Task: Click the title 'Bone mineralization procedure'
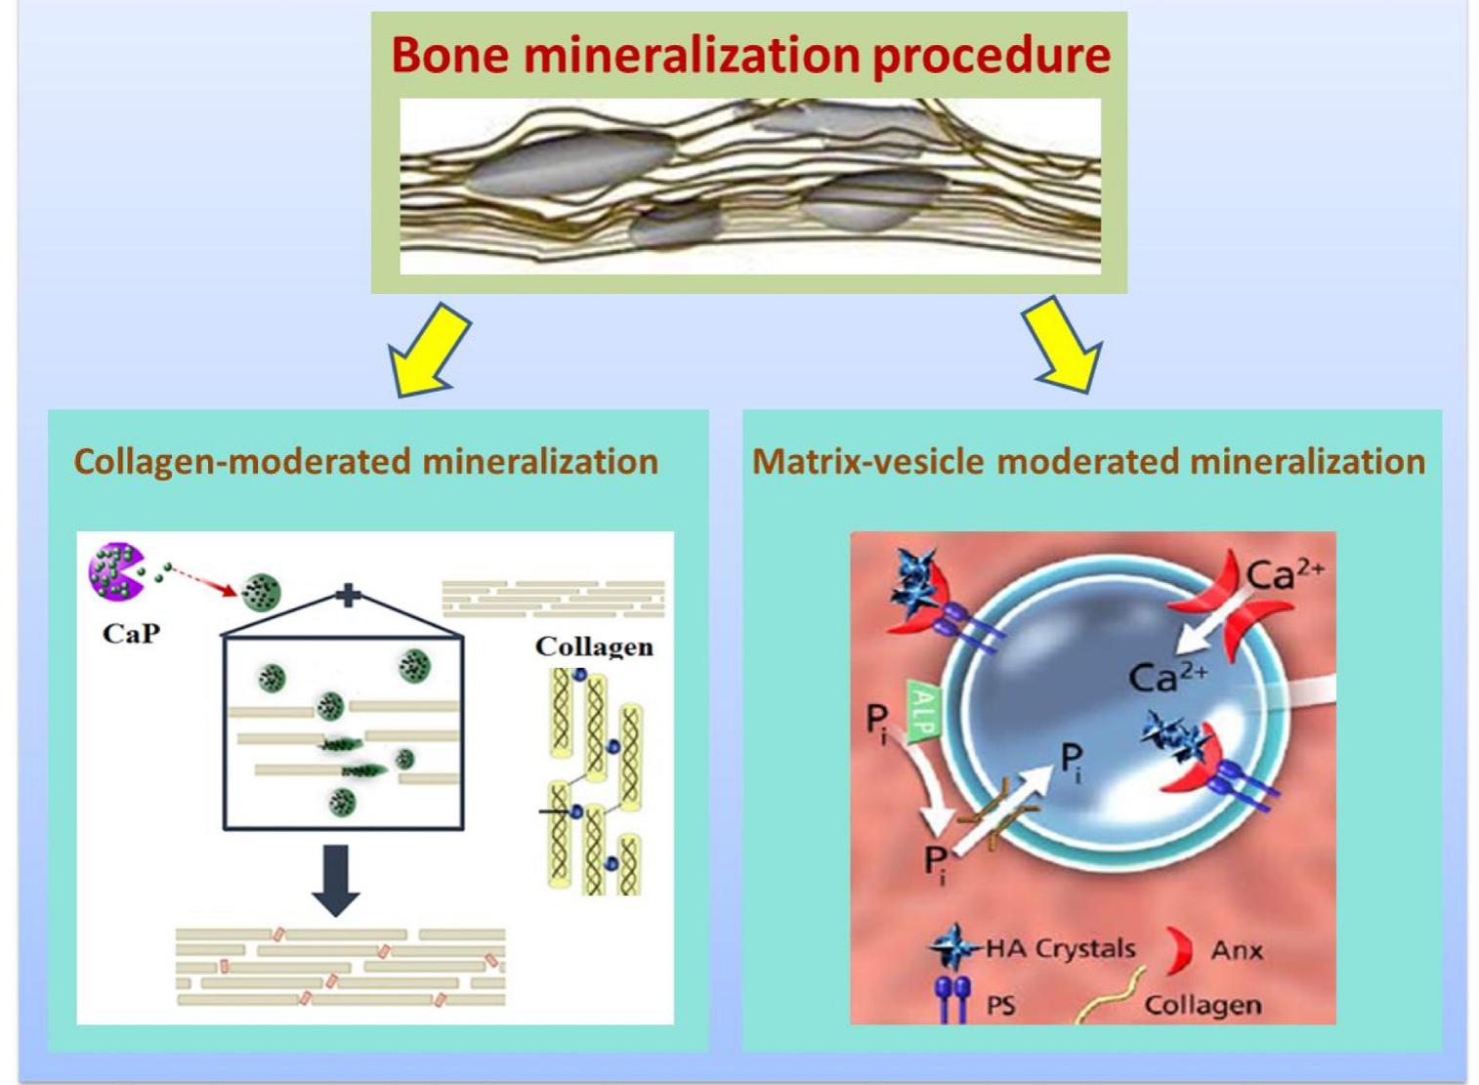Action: (x=750, y=55)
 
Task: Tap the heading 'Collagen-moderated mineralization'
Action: (x=366, y=461)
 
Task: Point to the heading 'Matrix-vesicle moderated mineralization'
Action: (x=1088, y=461)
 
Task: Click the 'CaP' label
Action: (x=131, y=634)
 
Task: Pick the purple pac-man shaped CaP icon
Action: (x=115, y=572)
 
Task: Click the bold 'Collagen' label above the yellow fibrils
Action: (x=594, y=647)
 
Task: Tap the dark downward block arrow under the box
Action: (x=335, y=880)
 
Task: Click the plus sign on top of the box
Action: (x=348, y=595)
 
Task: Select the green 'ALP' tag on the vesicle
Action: (x=922, y=712)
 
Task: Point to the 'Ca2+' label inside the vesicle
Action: (x=1167, y=676)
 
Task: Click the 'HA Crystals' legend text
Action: (x=1060, y=948)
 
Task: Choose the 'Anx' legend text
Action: (x=1237, y=950)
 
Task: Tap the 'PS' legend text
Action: (x=1000, y=1005)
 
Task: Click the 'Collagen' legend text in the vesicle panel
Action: (x=1203, y=1005)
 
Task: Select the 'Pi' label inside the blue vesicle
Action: (x=1073, y=760)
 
